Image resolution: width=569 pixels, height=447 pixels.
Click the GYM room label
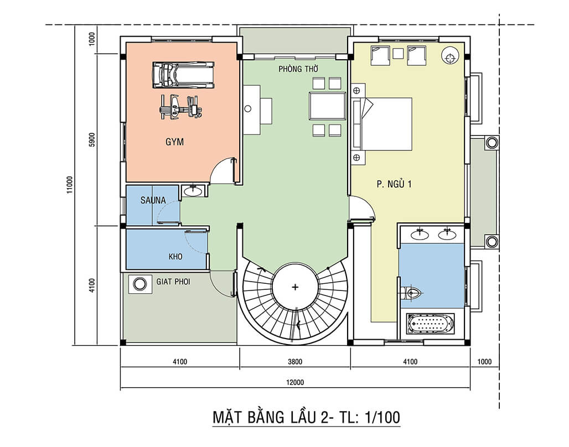pos(174,142)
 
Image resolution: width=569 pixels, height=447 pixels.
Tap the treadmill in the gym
pos(183,74)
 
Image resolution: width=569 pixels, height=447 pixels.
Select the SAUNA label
pos(153,200)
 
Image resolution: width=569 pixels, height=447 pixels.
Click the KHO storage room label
pos(175,257)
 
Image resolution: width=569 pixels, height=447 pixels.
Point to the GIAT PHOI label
pos(173,282)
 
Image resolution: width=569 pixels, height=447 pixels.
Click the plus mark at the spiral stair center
pos(295,287)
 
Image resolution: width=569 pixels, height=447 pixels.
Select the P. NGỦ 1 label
pos(394,185)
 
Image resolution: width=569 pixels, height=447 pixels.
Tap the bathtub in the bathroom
pos(431,323)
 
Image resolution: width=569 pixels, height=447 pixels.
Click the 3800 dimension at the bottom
pos(295,363)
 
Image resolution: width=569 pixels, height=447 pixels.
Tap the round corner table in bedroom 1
pos(450,55)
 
